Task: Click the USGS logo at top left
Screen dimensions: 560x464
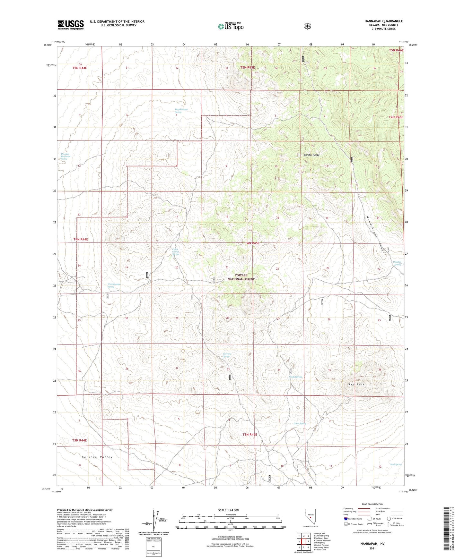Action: [70, 25]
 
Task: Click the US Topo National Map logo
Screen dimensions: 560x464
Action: [230, 26]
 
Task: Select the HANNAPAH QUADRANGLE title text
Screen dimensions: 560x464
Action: [383, 21]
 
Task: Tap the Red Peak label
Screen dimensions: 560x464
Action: [356, 384]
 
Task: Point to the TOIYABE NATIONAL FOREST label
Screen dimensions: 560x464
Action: [241, 277]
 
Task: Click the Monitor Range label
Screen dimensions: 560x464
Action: [311, 155]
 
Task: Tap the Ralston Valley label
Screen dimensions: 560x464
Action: [97, 457]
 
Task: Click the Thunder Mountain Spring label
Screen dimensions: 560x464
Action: [65, 156]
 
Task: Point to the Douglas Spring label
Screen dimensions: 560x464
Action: [397, 263]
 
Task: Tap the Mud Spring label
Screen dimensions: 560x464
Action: [396, 464]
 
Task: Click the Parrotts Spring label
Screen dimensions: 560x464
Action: [227, 355]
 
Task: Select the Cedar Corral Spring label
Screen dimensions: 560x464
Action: [175, 252]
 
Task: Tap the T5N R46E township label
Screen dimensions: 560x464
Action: [396, 50]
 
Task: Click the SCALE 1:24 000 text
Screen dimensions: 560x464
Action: [228, 510]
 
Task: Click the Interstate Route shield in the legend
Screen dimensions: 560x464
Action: [346, 519]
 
